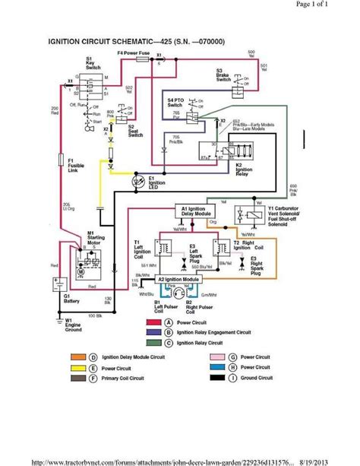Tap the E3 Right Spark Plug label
[272, 264]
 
